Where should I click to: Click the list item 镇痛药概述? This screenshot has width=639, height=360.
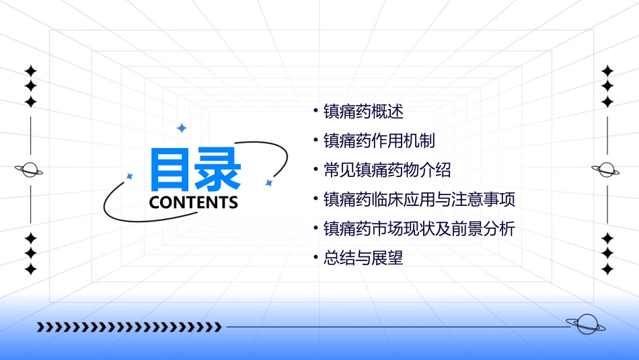(x=363, y=111)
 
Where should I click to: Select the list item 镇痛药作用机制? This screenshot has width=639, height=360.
(x=379, y=141)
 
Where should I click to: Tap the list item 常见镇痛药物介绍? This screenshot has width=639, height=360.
(x=387, y=170)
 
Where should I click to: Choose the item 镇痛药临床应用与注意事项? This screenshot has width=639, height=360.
(x=419, y=199)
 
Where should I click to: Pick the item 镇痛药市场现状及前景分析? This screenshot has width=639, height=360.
(x=419, y=229)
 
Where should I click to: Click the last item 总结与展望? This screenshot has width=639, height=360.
(x=363, y=258)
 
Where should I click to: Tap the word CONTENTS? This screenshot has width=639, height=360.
(x=194, y=203)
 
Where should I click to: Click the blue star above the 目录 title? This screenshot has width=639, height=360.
(x=181, y=128)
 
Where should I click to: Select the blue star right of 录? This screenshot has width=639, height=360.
(x=268, y=182)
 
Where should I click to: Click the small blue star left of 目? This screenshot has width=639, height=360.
(x=130, y=176)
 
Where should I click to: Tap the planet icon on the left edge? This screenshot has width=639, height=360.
(x=30, y=170)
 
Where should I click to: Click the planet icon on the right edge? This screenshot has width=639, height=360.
(x=607, y=170)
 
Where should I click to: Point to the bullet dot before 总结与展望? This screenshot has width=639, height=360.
(x=315, y=258)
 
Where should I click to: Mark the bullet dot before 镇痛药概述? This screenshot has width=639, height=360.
(x=315, y=112)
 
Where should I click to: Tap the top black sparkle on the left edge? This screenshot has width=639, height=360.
(x=30, y=71)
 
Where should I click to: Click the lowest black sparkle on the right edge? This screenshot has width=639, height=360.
(x=607, y=269)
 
